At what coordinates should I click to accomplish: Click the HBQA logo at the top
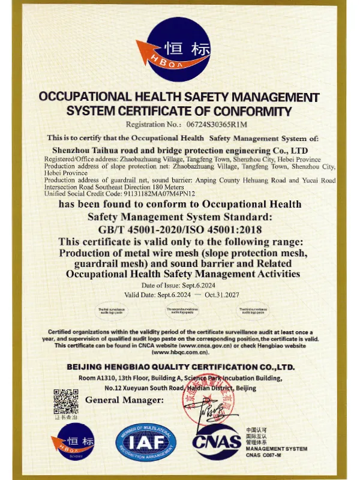[179, 50]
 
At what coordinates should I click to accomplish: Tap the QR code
[66, 401]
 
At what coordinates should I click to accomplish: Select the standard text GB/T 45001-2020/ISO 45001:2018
[180, 229]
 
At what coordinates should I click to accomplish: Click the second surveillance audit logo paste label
[181, 311]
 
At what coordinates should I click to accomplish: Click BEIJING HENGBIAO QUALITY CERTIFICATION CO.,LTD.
[180, 367]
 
